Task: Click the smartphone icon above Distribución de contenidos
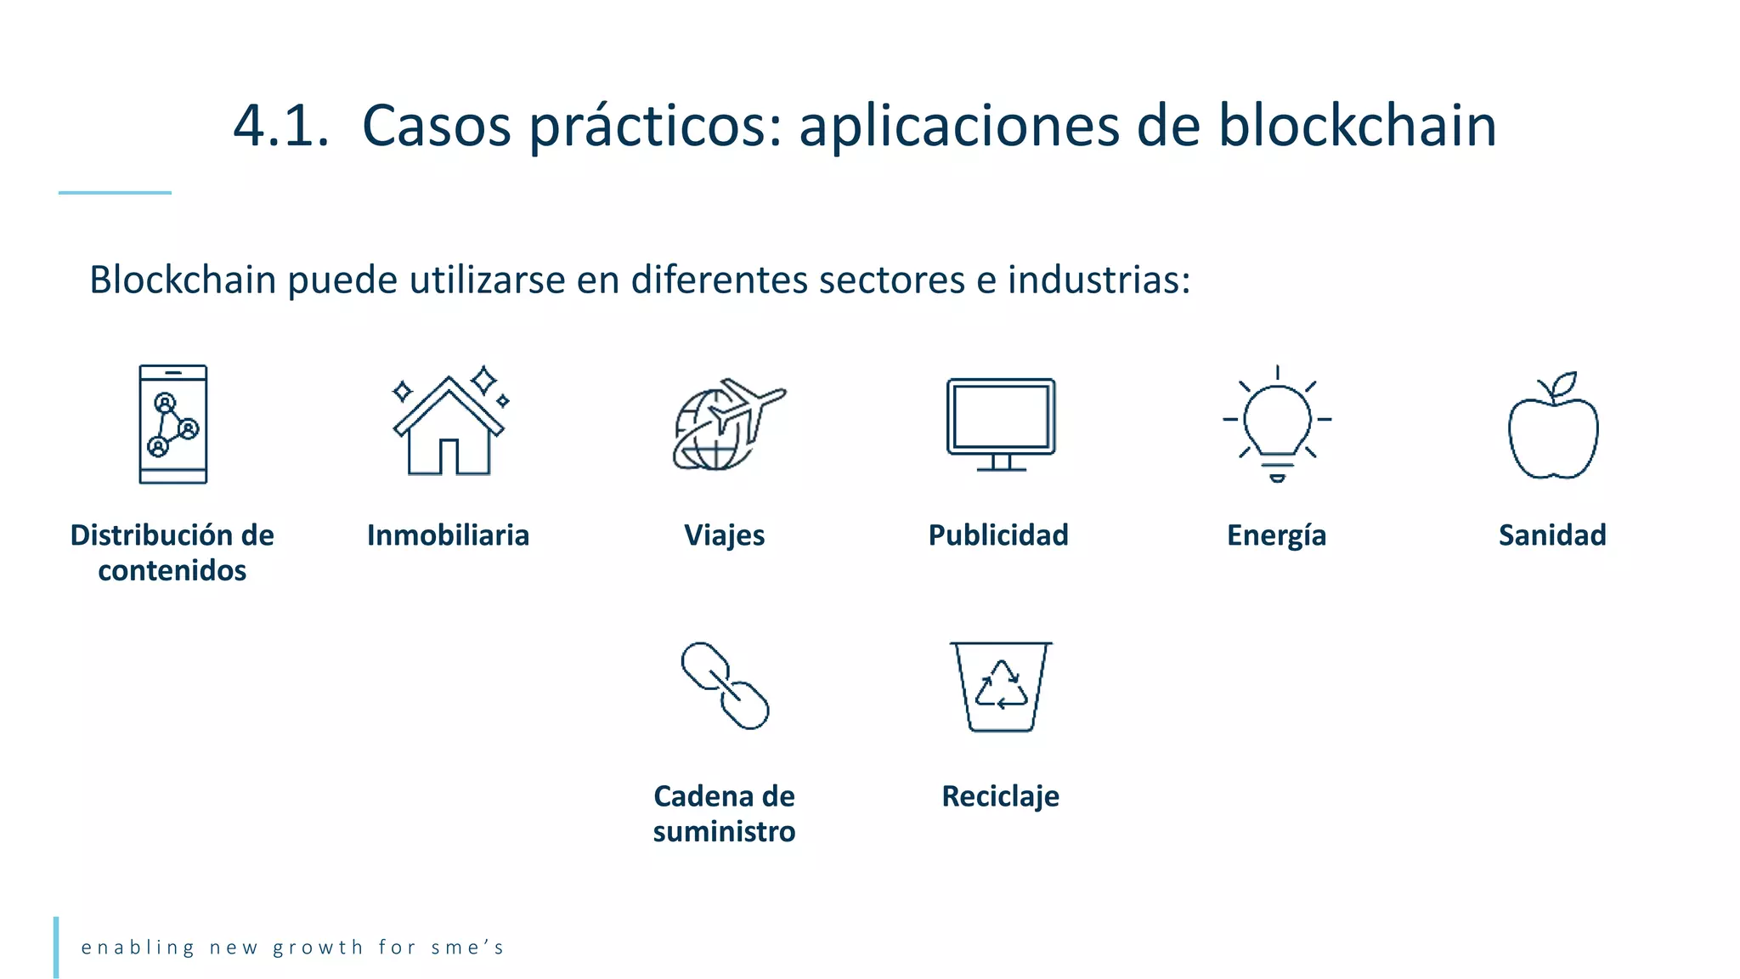coord(173,424)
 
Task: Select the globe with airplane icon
coord(726,424)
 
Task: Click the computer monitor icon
coord(1001,424)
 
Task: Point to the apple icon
coord(1553,427)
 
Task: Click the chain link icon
coord(725,686)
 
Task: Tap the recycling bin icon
coord(1001,687)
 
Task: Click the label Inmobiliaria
coord(448,535)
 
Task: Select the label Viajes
coord(725,535)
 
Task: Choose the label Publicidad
coord(998,535)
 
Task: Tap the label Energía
coord(1276,535)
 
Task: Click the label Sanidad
coord(1552,535)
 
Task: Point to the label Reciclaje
coord(1000,797)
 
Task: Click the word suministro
coord(724,831)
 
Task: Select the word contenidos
coord(172,570)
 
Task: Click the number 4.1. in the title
coord(280,126)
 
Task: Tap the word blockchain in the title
coord(1357,126)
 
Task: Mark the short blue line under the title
coord(115,193)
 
